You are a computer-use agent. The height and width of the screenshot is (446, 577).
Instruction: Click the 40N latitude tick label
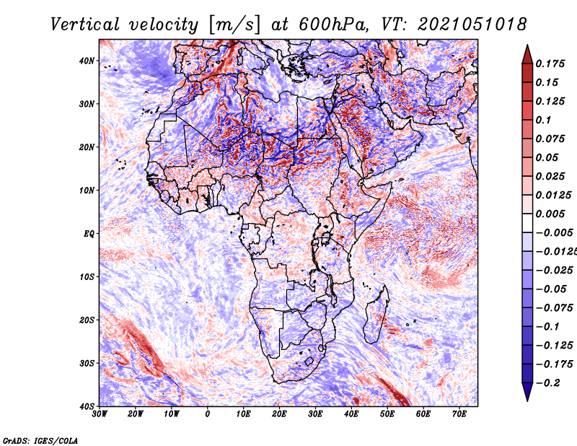pyautogui.click(x=87, y=61)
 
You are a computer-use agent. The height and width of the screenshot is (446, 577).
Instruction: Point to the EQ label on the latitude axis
pyautogui.click(x=89, y=234)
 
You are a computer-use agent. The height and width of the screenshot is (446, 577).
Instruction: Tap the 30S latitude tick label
pyautogui.click(x=87, y=364)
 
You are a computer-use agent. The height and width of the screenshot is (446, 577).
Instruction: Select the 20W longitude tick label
pyautogui.click(x=136, y=414)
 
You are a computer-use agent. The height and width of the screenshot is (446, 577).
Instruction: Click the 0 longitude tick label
pyautogui.click(x=208, y=414)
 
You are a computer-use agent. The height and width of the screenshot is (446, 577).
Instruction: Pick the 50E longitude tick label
pyautogui.click(x=387, y=414)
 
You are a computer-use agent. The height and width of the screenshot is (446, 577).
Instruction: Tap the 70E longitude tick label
pyautogui.click(x=459, y=414)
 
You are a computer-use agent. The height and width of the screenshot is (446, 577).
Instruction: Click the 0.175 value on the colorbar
pyautogui.click(x=550, y=64)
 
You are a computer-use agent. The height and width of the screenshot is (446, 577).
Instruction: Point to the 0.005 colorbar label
pyautogui.click(x=550, y=214)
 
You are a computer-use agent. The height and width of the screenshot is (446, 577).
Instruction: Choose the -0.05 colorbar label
pyautogui.click(x=550, y=289)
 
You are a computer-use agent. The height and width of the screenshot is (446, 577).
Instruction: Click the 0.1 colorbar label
pyautogui.click(x=543, y=120)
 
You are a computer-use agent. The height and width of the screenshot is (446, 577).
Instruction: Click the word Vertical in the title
pyautogui.click(x=84, y=25)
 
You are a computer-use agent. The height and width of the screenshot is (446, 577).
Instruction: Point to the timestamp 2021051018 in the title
pyautogui.click(x=472, y=25)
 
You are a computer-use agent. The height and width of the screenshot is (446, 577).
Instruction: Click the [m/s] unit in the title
pyautogui.click(x=234, y=25)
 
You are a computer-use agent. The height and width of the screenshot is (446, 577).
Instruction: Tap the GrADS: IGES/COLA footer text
pyautogui.click(x=40, y=440)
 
